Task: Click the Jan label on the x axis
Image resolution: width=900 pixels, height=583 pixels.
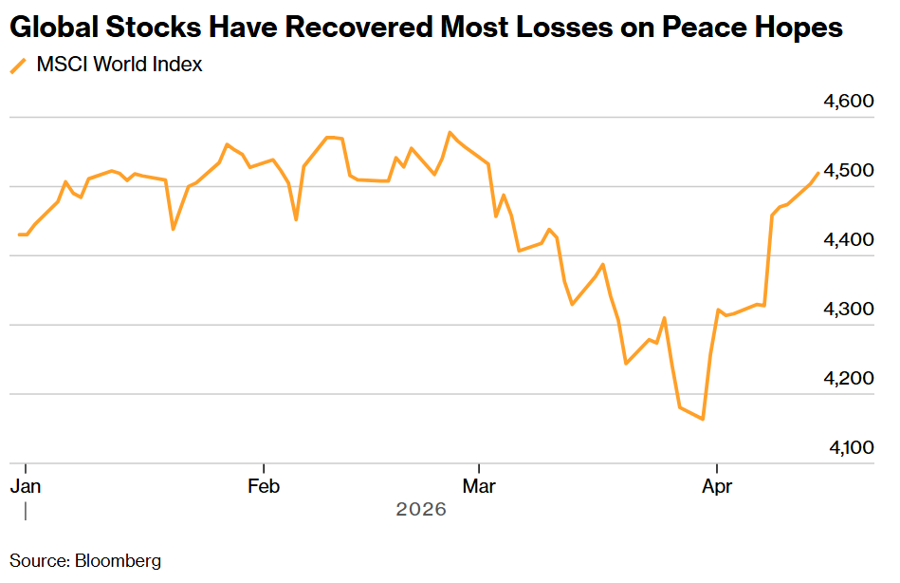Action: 25,486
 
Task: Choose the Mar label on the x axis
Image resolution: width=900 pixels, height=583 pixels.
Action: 480,486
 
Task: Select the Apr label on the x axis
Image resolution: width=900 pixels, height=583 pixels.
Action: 716,486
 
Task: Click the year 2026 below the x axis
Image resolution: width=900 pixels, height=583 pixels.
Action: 421,510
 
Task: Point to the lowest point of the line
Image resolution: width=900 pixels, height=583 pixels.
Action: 703,419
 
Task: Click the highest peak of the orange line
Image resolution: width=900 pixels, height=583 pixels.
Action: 450,133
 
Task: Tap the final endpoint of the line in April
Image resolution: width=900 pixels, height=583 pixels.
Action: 818,173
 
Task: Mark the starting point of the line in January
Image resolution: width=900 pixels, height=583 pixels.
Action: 19,235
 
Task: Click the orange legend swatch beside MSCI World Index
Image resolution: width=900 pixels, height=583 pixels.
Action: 18,66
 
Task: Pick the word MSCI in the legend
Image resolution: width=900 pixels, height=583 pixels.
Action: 60,66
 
